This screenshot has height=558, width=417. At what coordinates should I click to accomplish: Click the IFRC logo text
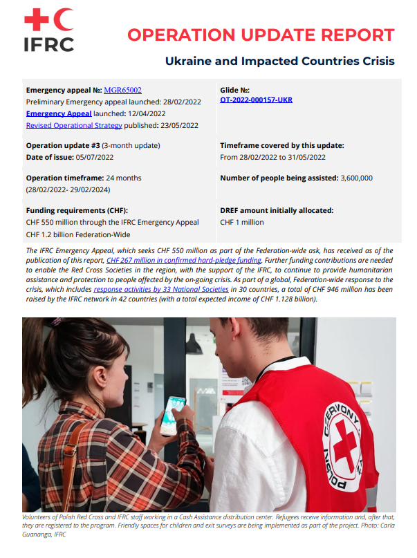coord(48,44)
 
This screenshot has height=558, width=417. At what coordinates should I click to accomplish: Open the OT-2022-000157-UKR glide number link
coord(256,100)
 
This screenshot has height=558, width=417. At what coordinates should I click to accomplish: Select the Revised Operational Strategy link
coord(74,125)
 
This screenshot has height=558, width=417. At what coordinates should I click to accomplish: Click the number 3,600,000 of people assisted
coord(357,178)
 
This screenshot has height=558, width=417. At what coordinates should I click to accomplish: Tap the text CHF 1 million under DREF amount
coord(241,222)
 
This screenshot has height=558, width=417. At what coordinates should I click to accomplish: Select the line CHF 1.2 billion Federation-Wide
coord(77,234)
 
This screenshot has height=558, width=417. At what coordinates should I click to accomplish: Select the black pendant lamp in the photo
coord(194,344)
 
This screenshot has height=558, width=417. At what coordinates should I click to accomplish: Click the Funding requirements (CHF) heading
coord(77,210)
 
